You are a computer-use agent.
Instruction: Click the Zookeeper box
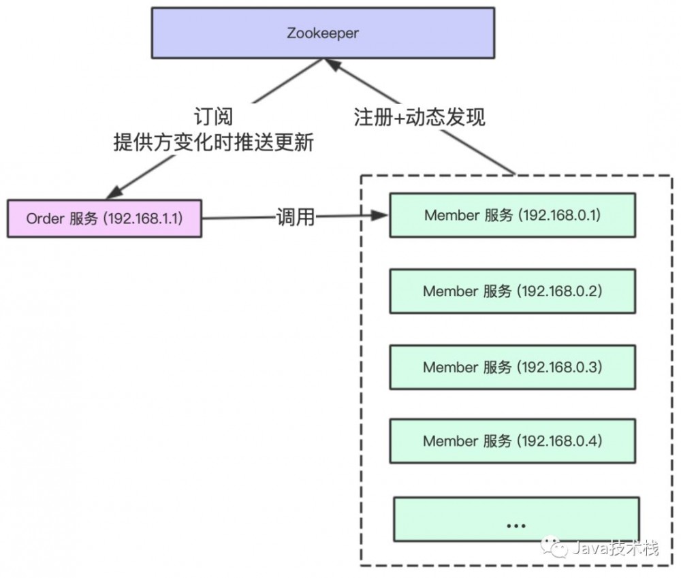[322, 32]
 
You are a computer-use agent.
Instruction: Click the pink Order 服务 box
[104, 219]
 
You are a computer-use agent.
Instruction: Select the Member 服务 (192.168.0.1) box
[512, 215]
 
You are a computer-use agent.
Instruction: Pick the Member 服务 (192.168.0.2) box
[512, 291]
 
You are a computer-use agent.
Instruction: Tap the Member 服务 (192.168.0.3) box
[512, 367]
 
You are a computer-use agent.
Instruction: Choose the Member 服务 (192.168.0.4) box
[512, 441]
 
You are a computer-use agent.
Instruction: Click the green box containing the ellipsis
[516, 519]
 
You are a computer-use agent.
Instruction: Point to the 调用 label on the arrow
[296, 218]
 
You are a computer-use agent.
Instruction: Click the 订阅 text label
[212, 116]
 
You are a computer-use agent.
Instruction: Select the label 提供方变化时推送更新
[212, 143]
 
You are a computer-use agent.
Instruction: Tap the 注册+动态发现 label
[419, 116]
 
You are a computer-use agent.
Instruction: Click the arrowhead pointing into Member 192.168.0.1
[381, 217]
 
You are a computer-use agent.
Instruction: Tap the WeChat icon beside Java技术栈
[554, 548]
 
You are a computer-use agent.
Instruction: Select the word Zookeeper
[322, 32]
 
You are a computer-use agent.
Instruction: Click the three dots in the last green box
[516, 525]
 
